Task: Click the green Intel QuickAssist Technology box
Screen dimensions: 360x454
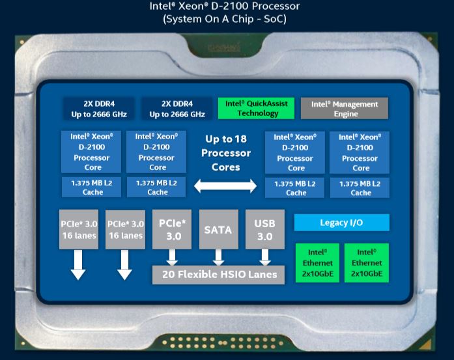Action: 256,109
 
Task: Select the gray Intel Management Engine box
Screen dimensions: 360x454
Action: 344,109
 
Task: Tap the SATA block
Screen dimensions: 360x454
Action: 218,230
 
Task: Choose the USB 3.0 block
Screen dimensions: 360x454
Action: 264,230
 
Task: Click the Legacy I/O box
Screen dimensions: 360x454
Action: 341,223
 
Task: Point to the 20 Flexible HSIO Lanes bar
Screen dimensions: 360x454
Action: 219,275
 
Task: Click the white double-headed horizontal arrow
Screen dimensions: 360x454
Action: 226,186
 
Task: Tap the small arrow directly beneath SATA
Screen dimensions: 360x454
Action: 218,258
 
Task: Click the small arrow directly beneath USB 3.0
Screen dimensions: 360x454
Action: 264,258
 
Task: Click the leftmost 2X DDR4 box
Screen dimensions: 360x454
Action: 98,109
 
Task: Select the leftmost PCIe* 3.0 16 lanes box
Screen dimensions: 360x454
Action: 79,230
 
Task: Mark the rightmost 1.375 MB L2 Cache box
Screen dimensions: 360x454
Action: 360,188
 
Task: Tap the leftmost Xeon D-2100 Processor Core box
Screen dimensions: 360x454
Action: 92,152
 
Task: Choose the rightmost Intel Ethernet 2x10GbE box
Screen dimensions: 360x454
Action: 366,262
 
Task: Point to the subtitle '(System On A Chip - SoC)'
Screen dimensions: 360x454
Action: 225,19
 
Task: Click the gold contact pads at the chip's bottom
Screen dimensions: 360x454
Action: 225,342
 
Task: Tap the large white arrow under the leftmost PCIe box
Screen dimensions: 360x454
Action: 78,266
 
